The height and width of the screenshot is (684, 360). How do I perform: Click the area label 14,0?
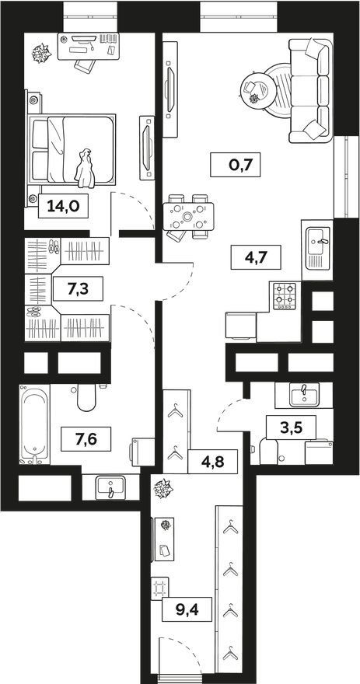tap(64, 205)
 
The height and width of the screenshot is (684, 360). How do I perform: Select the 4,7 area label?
tap(256, 257)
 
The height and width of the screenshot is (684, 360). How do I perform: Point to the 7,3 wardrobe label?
tap(78, 289)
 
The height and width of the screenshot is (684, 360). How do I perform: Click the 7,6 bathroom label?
tap(86, 439)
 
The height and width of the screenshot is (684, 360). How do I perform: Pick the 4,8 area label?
tap(213, 461)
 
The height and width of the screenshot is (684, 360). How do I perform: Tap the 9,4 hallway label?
tap(187, 609)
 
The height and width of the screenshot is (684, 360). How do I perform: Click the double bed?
tap(72, 148)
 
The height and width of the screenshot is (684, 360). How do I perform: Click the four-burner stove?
tap(285, 296)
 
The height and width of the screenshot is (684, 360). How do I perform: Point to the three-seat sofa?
tap(311, 90)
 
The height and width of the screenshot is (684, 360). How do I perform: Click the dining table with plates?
tap(188, 216)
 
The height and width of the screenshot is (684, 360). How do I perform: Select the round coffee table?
tap(258, 90)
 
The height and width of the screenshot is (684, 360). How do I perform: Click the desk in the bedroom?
tap(89, 46)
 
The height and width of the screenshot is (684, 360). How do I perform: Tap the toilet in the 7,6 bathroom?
tap(86, 397)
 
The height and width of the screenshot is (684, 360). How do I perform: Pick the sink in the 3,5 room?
tap(304, 394)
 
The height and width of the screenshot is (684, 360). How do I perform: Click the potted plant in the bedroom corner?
tap(41, 53)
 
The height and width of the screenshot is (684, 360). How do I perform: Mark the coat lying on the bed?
tap(85, 169)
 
